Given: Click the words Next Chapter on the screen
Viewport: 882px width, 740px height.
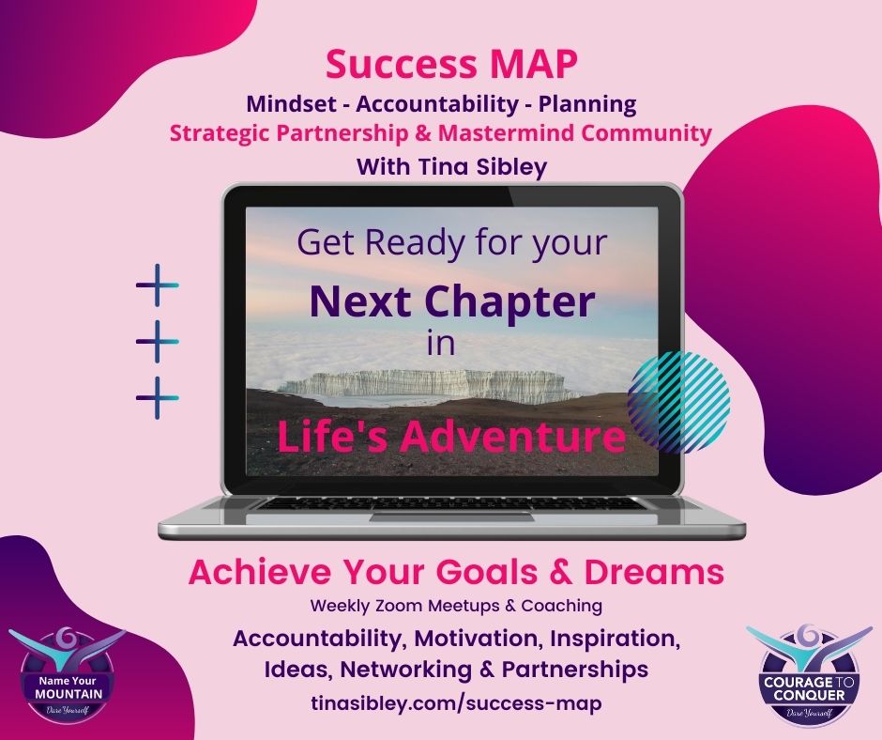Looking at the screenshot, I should click(x=452, y=301).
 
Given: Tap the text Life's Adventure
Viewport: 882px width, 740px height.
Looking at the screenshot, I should click(x=451, y=437).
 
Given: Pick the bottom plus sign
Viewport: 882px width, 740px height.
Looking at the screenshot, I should click(x=157, y=398).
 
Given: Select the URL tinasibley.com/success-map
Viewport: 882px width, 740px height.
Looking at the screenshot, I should click(x=441, y=702).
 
